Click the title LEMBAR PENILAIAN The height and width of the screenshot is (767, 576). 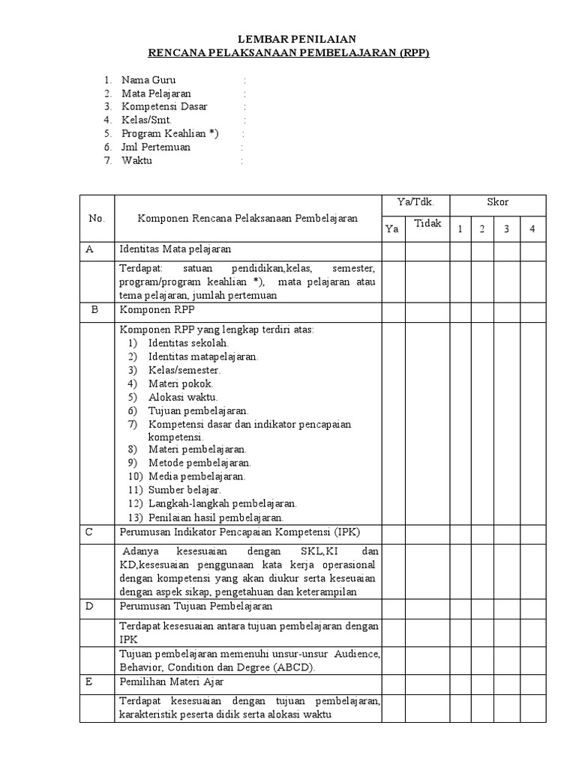(289, 39)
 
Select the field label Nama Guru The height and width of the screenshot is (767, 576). (150, 79)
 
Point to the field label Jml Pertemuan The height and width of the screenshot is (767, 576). (156, 147)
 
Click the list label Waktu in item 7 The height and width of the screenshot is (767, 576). (136, 160)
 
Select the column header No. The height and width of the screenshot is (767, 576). (96, 218)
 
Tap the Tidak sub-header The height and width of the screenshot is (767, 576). (427, 224)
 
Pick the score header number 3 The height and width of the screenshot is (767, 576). (506, 229)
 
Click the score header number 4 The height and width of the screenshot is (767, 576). (532, 229)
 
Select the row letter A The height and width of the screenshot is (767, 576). (88, 249)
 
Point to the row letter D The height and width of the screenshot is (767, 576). (88, 606)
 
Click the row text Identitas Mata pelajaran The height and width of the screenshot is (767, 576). (175, 249)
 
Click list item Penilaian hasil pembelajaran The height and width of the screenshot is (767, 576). (216, 517)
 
